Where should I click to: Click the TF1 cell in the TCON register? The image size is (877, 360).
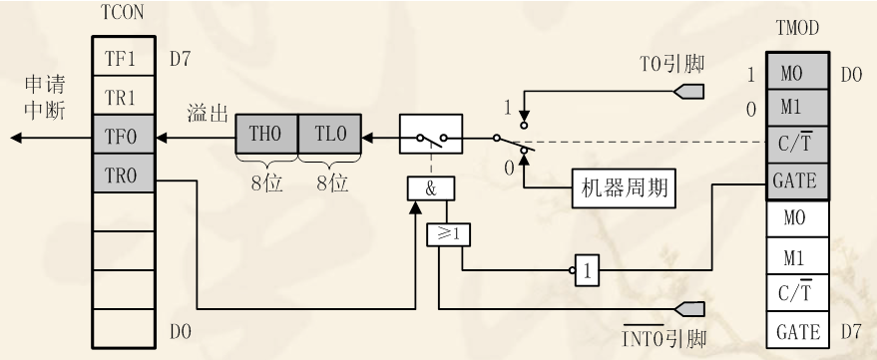point(122,59)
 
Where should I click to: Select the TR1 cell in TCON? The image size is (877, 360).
point(122,96)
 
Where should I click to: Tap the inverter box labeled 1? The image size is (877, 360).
point(588,268)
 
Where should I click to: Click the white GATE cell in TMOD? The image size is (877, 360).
point(795,331)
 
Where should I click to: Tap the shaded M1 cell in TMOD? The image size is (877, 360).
point(795,105)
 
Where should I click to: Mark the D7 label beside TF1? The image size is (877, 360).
point(180,59)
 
